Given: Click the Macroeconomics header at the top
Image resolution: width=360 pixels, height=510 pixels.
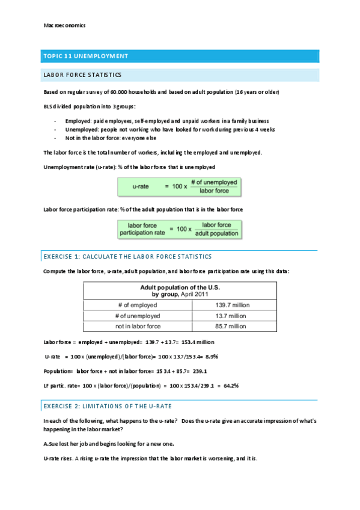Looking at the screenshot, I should point(65,25).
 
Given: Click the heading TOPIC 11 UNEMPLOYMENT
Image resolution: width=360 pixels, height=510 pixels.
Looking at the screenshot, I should point(85,56).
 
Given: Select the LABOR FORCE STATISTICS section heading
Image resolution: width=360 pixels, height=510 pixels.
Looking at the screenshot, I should point(82,75).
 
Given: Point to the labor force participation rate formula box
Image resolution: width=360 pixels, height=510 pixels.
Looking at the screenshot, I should point(179,229).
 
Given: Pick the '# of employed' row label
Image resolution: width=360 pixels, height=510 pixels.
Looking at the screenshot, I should point(137,305).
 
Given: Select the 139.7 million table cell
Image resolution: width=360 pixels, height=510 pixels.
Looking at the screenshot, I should point(232,305).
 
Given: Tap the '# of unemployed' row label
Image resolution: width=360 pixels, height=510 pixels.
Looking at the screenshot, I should point(138,316).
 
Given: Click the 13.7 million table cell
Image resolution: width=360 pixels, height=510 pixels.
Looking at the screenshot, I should point(232,316).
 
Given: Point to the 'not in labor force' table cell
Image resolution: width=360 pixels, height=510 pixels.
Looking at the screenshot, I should point(138,326).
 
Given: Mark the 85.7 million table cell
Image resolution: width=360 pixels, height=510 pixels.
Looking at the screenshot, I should point(232,326).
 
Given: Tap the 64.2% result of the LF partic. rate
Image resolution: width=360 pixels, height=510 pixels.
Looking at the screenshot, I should point(229,385).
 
